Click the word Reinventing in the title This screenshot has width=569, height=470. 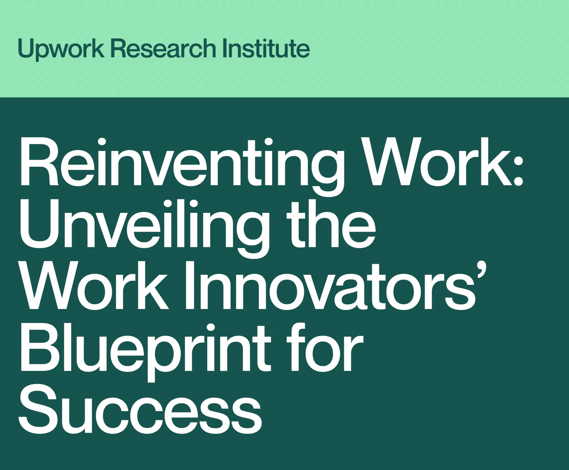click(x=182, y=166)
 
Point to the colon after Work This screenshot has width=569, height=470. click(x=518, y=166)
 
